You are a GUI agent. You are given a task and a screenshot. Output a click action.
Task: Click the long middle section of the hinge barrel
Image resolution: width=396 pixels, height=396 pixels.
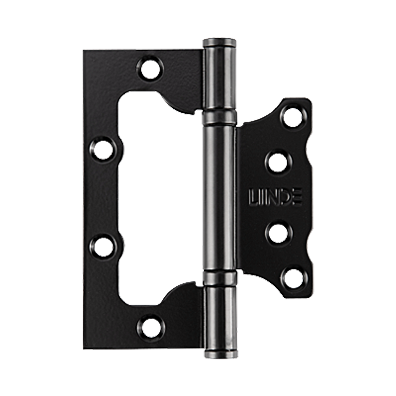[x=220, y=198]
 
